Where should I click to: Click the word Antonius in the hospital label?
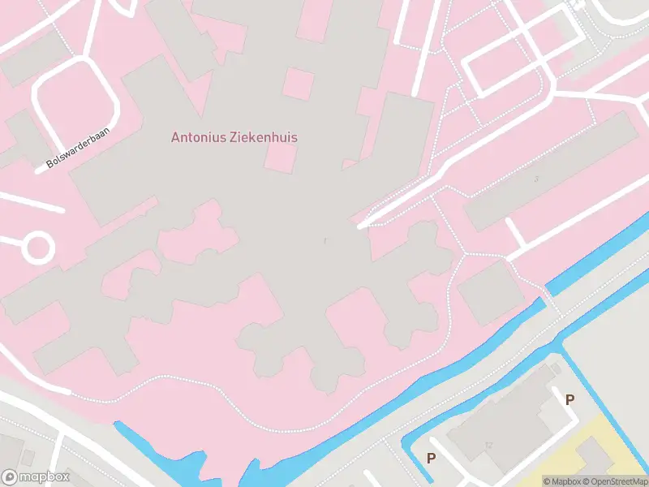[198, 137]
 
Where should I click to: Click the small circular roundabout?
[37, 248]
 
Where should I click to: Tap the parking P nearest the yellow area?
[569, 399]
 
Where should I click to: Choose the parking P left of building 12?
[431, 458]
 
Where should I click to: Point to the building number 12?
[488, 445]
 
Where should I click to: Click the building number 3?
[535, 179]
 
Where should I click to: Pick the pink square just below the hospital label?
[280, 157]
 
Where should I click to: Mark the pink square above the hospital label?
[299, 84]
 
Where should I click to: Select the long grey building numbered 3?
[552, 170]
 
